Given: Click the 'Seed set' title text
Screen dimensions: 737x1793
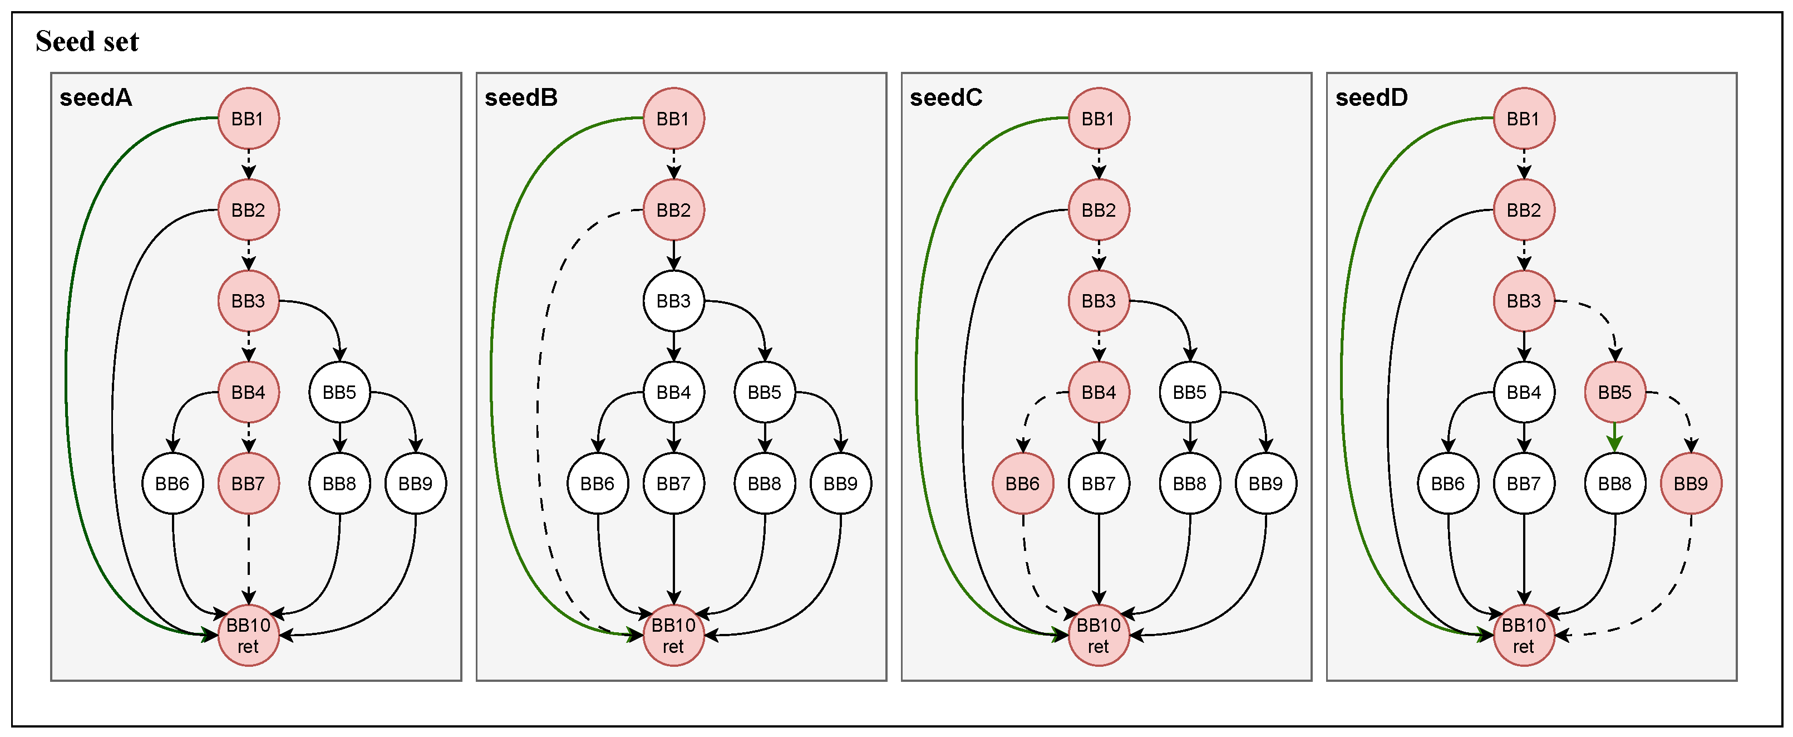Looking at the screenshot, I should click(87, 41).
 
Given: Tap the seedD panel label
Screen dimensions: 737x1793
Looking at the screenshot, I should click(1371, 97).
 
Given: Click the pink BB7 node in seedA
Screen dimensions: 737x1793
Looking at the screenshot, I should click(249, 484).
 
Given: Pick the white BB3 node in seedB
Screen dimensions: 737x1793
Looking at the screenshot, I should click(673, 301).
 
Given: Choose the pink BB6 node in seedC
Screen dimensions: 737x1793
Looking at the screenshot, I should click(1022, 484).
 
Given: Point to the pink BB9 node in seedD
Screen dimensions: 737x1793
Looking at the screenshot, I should click(1691, 484).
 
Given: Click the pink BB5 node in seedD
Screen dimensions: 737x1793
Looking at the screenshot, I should click(1615, 392).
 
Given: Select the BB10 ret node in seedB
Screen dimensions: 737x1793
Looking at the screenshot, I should click(673, 635).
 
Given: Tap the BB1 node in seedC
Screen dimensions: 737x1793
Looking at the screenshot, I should click(1099, 119).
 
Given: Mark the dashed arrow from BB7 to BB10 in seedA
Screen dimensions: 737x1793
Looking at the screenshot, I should click(249, 557).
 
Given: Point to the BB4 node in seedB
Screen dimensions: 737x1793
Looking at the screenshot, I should click(673, 392).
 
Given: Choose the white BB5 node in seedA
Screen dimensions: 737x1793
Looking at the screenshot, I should click(339, 392).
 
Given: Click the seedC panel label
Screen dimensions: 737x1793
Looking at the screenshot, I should click(946, 97).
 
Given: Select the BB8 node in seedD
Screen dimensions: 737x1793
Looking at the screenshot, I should click(1615, 484).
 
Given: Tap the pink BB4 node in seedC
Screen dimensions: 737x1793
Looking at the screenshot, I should click(1099, 392).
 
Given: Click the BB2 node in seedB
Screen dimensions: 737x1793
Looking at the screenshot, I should click(673, 209).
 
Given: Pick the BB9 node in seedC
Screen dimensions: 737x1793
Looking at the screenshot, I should click(1265, 484).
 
